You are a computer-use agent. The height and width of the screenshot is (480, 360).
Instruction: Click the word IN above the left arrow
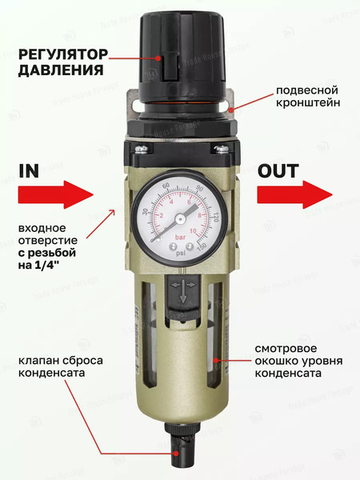(x=30, y=171)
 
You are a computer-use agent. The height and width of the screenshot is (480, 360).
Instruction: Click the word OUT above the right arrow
(x=278, y=171)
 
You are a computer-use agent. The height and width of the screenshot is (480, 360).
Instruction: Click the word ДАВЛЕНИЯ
(x=58, y=70)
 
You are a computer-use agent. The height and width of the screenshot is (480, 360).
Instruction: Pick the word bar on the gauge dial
(x=182, y=238)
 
